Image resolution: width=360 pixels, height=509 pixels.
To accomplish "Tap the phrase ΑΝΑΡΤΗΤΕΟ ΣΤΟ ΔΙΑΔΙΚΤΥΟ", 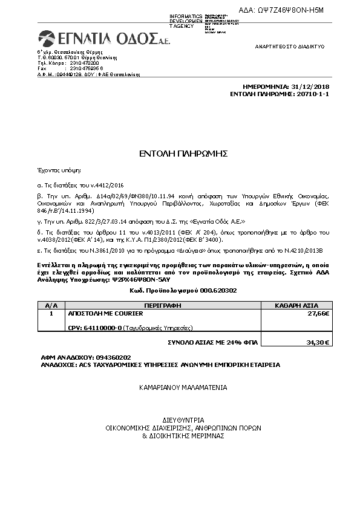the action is tap(290, 47).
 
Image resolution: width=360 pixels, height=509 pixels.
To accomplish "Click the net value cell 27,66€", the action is tap(318, 314).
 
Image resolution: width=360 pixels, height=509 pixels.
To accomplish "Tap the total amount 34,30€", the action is tap(318, 342).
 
